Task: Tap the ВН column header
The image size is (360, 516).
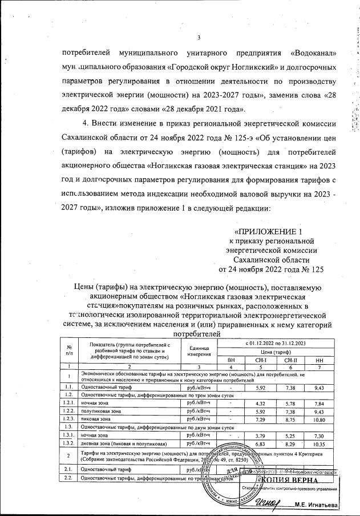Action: [x=230, y=360]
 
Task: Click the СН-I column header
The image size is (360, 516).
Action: [x=261, y=360]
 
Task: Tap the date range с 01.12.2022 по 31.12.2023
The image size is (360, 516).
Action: [x=275, y=344]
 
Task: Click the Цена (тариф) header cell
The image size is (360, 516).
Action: [x=275, y=352]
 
